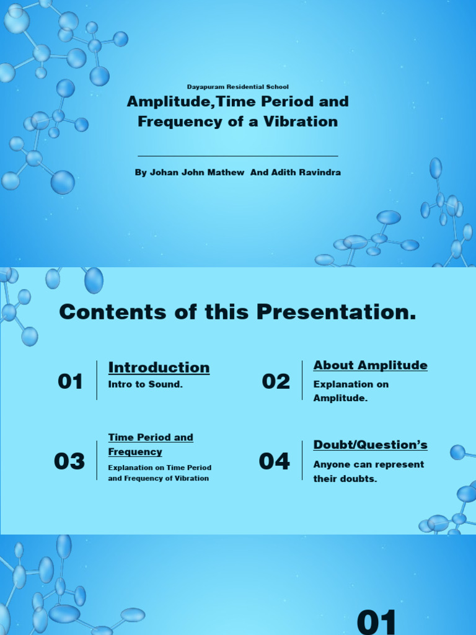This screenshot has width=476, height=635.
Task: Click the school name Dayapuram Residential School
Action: click(238, 87)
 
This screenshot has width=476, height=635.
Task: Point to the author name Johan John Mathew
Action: click(190, 172)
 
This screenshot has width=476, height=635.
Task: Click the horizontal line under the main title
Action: click(238, 156)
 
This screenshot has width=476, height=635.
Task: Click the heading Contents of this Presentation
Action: click(238, 313)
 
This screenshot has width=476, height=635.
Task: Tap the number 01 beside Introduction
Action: click(70, 382)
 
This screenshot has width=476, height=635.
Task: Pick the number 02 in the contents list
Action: click(276, 382)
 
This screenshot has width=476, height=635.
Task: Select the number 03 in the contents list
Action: click(69, 461)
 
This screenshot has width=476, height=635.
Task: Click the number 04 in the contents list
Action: click(274, 461)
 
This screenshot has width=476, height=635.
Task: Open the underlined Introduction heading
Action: click(159, 368)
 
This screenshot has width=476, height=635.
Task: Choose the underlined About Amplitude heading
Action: click(370, 365)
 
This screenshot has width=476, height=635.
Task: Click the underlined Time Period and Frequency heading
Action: click(151, 445)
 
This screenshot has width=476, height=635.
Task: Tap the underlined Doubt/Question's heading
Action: click(370, 445)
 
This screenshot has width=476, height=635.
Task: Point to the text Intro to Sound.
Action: click(146, 384)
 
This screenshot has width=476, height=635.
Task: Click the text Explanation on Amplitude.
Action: click(351, 391)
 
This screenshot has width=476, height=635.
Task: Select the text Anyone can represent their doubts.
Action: click(368, 472)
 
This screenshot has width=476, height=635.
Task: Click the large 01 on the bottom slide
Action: click(377, 621)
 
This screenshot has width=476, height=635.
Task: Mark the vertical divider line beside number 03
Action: click(97, 460)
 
